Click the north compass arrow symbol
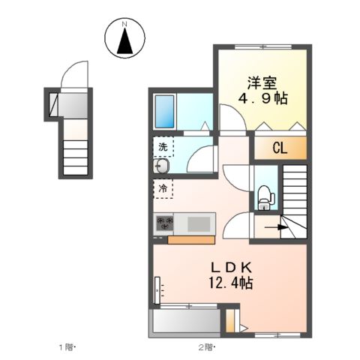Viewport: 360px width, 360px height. [126, 42]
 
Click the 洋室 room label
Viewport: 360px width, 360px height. [261, 82]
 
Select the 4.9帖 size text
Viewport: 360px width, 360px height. [262, 98]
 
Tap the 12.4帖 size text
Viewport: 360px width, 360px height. [230, 283]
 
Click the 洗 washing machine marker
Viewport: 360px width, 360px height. [162, 145]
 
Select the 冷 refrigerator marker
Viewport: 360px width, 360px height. [163, 188]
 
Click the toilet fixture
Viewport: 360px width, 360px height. [265, 196]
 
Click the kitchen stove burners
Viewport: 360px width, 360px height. [164, 223]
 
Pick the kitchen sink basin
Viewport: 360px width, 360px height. [199, 223]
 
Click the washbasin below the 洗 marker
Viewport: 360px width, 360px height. [160, 166]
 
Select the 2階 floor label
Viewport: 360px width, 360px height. [205, 346]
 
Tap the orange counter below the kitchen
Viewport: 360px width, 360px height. [192, 240]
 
